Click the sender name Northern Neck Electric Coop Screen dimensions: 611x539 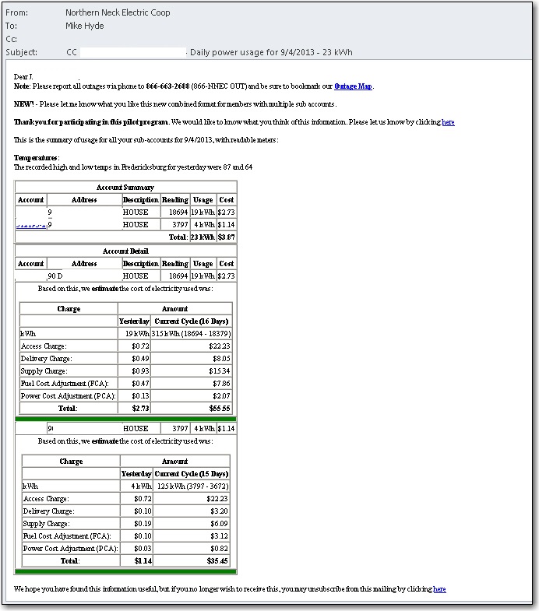point(118,12)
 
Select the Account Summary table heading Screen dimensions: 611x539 point(125,187)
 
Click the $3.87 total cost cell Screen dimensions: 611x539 point(226,237)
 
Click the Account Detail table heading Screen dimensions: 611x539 point(125,251)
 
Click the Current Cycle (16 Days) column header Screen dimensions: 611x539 point(192,321)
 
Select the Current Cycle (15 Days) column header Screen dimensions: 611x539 point(192,474)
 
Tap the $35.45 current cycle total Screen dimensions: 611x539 point(219,560)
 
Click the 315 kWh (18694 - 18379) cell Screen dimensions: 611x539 point(192,334)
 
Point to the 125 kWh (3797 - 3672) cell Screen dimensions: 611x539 point(192,486)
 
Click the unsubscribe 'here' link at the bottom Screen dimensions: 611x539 point(439,589)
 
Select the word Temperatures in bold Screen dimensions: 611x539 point(36,158)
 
